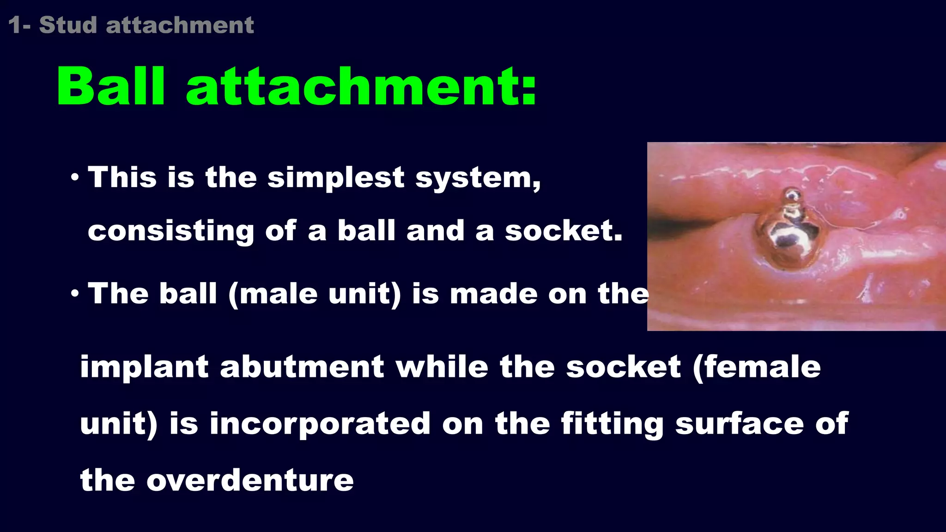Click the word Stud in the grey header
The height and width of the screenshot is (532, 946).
(68, 25)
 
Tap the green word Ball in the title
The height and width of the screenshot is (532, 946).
(111, 87)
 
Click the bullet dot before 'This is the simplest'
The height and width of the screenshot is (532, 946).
(75, 177)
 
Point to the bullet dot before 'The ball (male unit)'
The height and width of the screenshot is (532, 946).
(75, 293)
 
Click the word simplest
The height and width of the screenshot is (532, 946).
(336, 178)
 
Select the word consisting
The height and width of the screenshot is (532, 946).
(171, 232)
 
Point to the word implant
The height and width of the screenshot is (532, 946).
(145, 367)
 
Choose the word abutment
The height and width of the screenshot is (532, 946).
(302, 367)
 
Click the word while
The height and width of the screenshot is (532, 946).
(442, 367)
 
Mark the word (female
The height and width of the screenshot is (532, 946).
(757, 367)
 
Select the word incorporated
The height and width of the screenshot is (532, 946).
(320, 424)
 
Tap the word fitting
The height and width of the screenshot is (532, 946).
(612, 424)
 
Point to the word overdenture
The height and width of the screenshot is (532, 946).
(250, 480)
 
